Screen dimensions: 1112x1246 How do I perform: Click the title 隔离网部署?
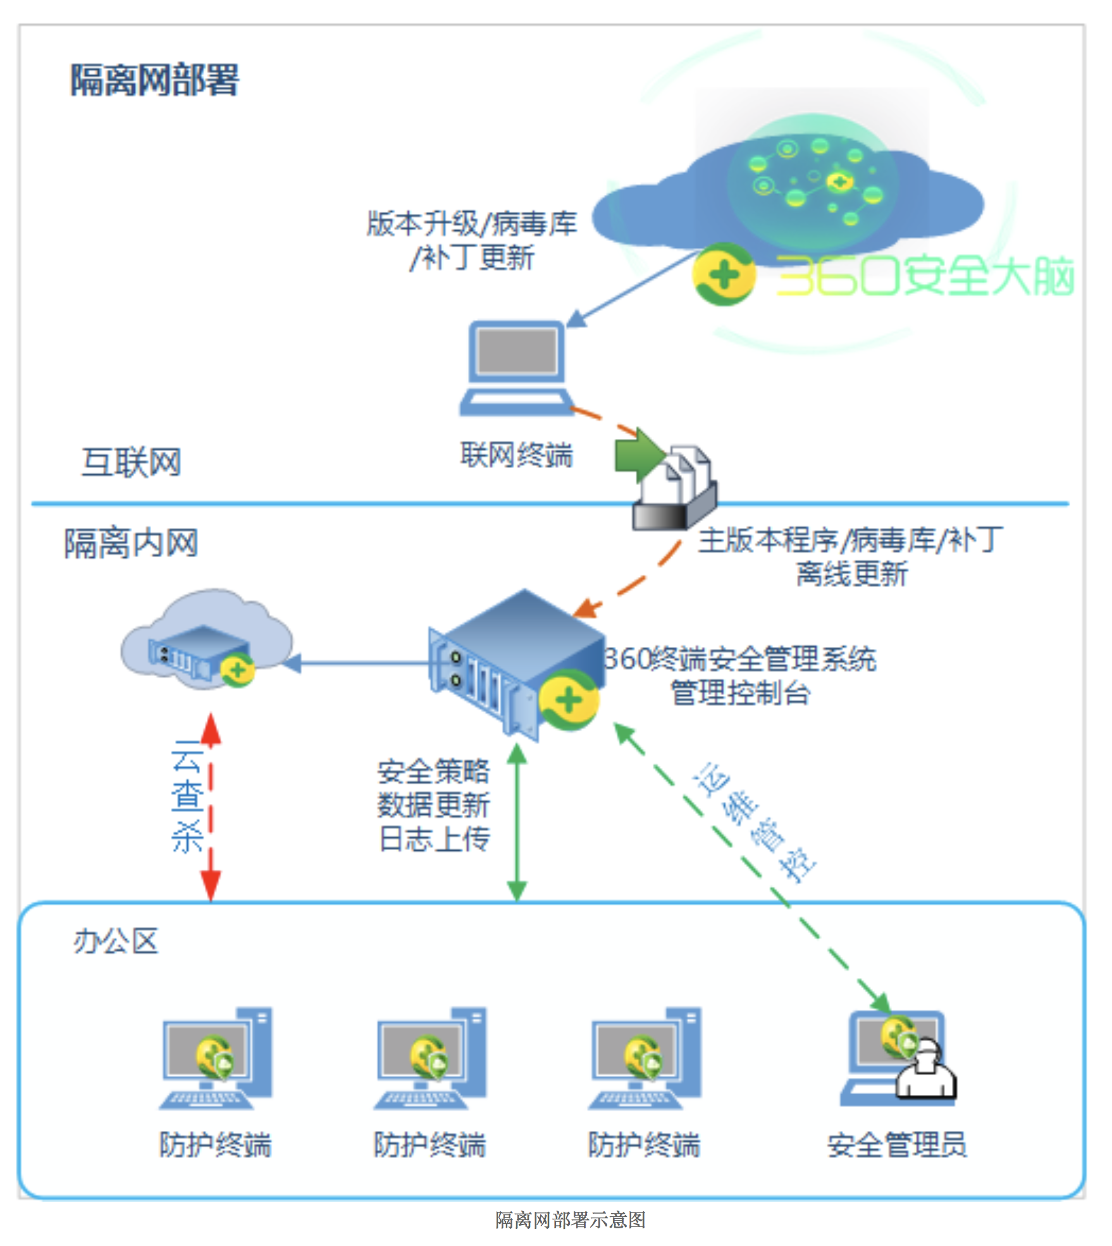point(154,80)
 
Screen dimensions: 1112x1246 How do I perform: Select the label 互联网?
point(132,462)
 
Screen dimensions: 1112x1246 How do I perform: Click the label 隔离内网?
point(132,543)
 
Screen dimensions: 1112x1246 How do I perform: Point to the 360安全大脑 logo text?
point(925,276)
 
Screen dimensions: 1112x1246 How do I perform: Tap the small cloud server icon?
point(206,639)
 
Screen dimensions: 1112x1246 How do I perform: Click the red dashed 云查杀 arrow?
point(211,807)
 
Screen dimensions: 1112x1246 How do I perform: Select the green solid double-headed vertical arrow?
point(517,822)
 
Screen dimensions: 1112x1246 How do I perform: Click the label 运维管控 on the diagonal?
point(754,822)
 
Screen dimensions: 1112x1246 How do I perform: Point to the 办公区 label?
point(116,941)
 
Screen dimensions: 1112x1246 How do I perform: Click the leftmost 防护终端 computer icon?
point(216,1058)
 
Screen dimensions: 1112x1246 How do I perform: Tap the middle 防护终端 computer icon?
point(430,1058)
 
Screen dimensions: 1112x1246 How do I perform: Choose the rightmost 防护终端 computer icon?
point(645,1058)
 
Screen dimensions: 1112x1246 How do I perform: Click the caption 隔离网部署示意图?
point(571,1219)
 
